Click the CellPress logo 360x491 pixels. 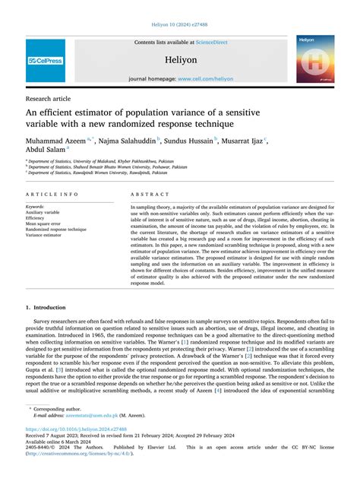click(x=46, y=60)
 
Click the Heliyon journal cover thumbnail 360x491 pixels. click(x=315, y=59)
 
